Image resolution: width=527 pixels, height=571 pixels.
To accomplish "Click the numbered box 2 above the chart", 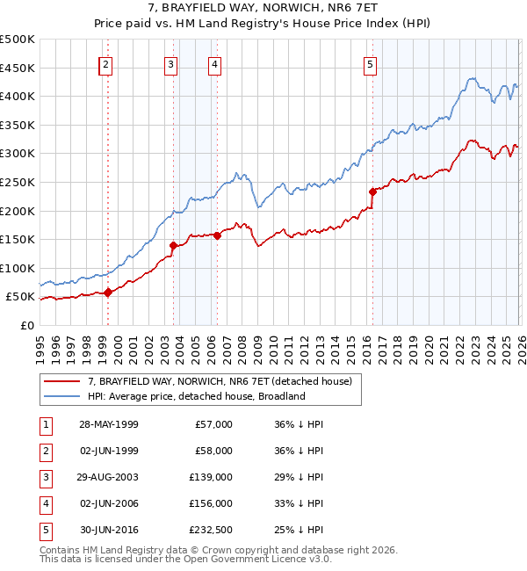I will point(105,64).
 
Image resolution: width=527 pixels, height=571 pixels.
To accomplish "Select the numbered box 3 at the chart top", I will point(170,64).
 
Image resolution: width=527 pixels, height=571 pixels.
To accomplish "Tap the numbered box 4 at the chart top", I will point(214,64).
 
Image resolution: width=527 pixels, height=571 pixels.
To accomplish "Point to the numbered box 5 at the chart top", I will point(370,64).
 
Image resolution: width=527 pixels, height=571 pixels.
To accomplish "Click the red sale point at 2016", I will point(372,191).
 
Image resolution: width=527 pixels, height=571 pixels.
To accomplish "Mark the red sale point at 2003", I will point(174,245).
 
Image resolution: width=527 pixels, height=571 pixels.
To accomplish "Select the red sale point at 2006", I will point(217,235).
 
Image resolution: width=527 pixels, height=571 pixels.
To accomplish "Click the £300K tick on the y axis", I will point(18,154).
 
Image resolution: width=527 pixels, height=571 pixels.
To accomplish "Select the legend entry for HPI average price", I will point(195,396).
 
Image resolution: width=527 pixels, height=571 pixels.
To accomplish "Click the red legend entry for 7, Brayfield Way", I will point(219,381).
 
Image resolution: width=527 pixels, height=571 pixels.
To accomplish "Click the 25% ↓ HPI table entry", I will point(300,530).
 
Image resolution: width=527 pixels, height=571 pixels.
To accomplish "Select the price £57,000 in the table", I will point(213,424).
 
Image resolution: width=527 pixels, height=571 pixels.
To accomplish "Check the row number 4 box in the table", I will point(44,503).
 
